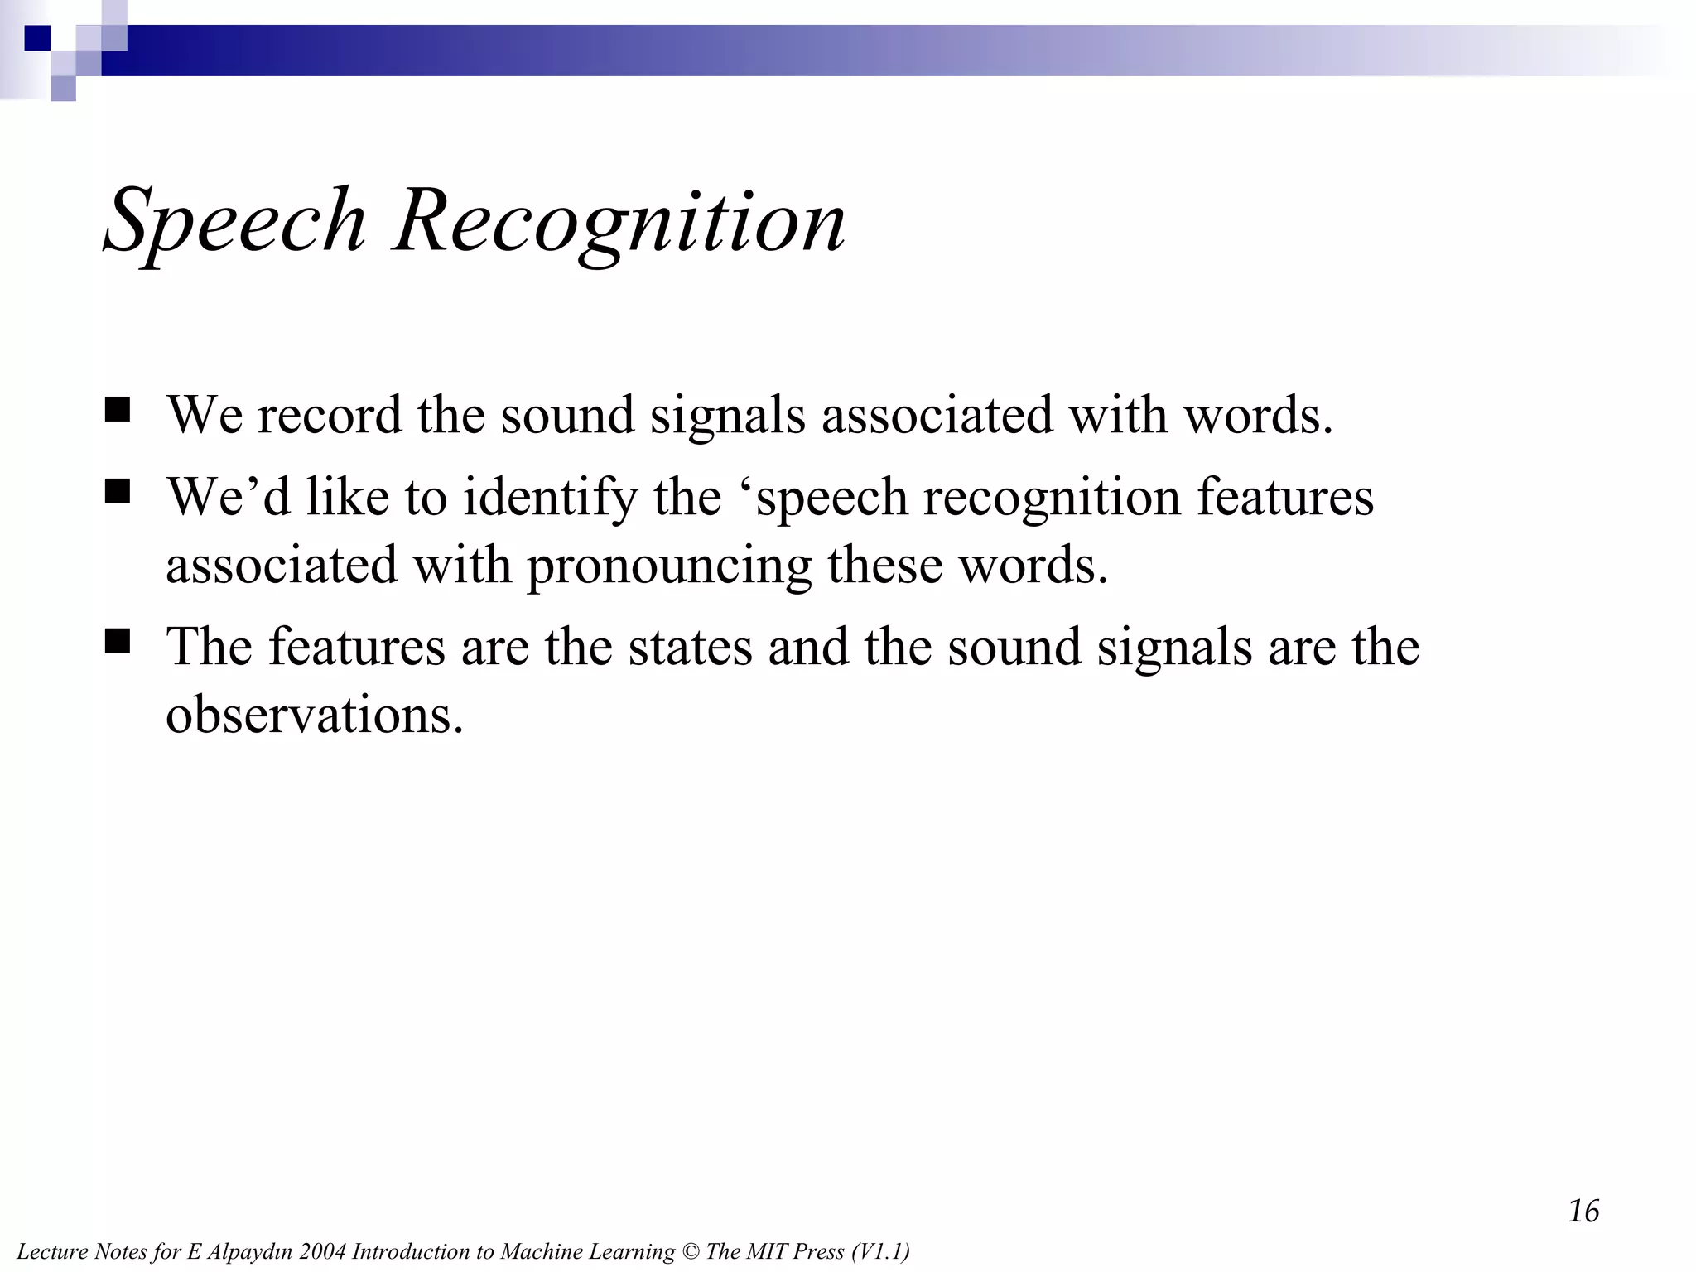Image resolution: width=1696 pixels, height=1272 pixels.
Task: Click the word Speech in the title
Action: coord(234,222)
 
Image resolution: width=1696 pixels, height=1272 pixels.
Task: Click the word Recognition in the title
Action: coord(619,222)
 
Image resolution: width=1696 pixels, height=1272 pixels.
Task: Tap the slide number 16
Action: coord(1583,1211)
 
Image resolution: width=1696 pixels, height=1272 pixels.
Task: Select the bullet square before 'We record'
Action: coord(118,410)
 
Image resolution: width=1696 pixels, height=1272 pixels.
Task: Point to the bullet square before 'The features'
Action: coord(118,642)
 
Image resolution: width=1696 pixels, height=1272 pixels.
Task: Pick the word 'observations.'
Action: coord(314,714)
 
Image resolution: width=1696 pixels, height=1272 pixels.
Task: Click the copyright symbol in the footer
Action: coord(690,1251)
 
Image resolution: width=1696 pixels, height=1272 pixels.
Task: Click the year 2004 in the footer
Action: coord(323,1251)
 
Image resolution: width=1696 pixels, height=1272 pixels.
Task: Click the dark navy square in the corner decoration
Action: coord(37,38)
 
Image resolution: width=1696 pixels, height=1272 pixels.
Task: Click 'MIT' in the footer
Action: coord(769,1251)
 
